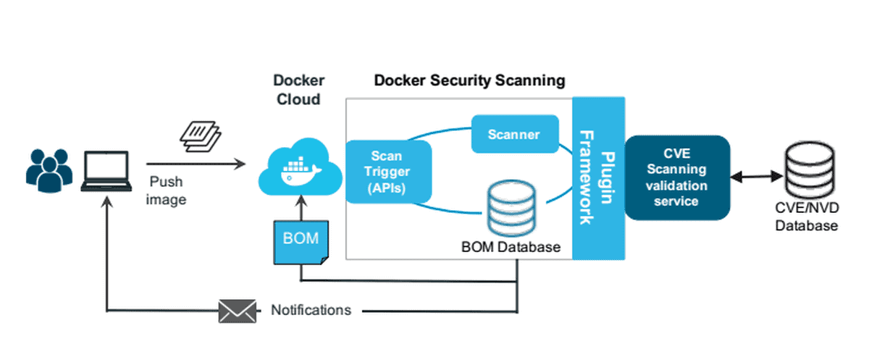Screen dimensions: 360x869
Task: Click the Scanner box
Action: (x=515, y=134)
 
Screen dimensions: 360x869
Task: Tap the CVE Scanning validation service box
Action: (x=676, y=177)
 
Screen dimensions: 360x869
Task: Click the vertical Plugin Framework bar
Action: (x=598, y=177)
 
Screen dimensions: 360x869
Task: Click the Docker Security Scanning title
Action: (x=469, y=80)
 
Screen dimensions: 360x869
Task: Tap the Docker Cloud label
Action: (x=299, y=90)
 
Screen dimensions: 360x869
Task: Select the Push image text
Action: (x=166, y=191)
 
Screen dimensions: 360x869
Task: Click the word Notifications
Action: (x=311, y=311)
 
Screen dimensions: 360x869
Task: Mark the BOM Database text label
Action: (x=511, y=247)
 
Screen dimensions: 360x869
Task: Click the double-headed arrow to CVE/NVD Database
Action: (x=755, y=176)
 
